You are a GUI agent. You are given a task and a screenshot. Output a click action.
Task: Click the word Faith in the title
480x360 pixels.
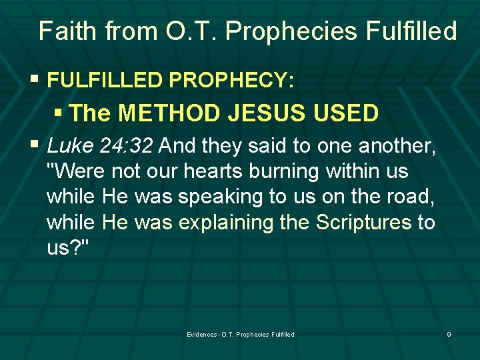(67, 31)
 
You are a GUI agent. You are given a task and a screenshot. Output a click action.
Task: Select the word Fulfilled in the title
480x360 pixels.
(411, 31)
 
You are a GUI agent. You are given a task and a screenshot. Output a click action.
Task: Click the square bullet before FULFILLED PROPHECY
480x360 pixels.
(34, 79)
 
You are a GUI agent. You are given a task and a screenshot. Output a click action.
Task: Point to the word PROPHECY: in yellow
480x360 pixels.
(231, 79)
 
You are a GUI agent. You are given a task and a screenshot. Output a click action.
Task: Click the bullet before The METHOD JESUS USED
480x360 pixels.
(58, 113)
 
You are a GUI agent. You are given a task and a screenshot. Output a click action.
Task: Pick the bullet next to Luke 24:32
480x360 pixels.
(34, 143)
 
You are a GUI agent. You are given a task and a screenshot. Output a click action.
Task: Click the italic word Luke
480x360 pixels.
(70, 145)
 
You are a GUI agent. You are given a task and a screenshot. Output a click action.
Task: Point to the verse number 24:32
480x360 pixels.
(126, 145)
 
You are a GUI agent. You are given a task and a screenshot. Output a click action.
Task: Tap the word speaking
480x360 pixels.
(221, 197)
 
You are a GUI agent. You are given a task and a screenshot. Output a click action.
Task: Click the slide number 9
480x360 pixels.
(449, 334)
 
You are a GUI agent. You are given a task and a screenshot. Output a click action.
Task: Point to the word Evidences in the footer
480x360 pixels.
(202, 334)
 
